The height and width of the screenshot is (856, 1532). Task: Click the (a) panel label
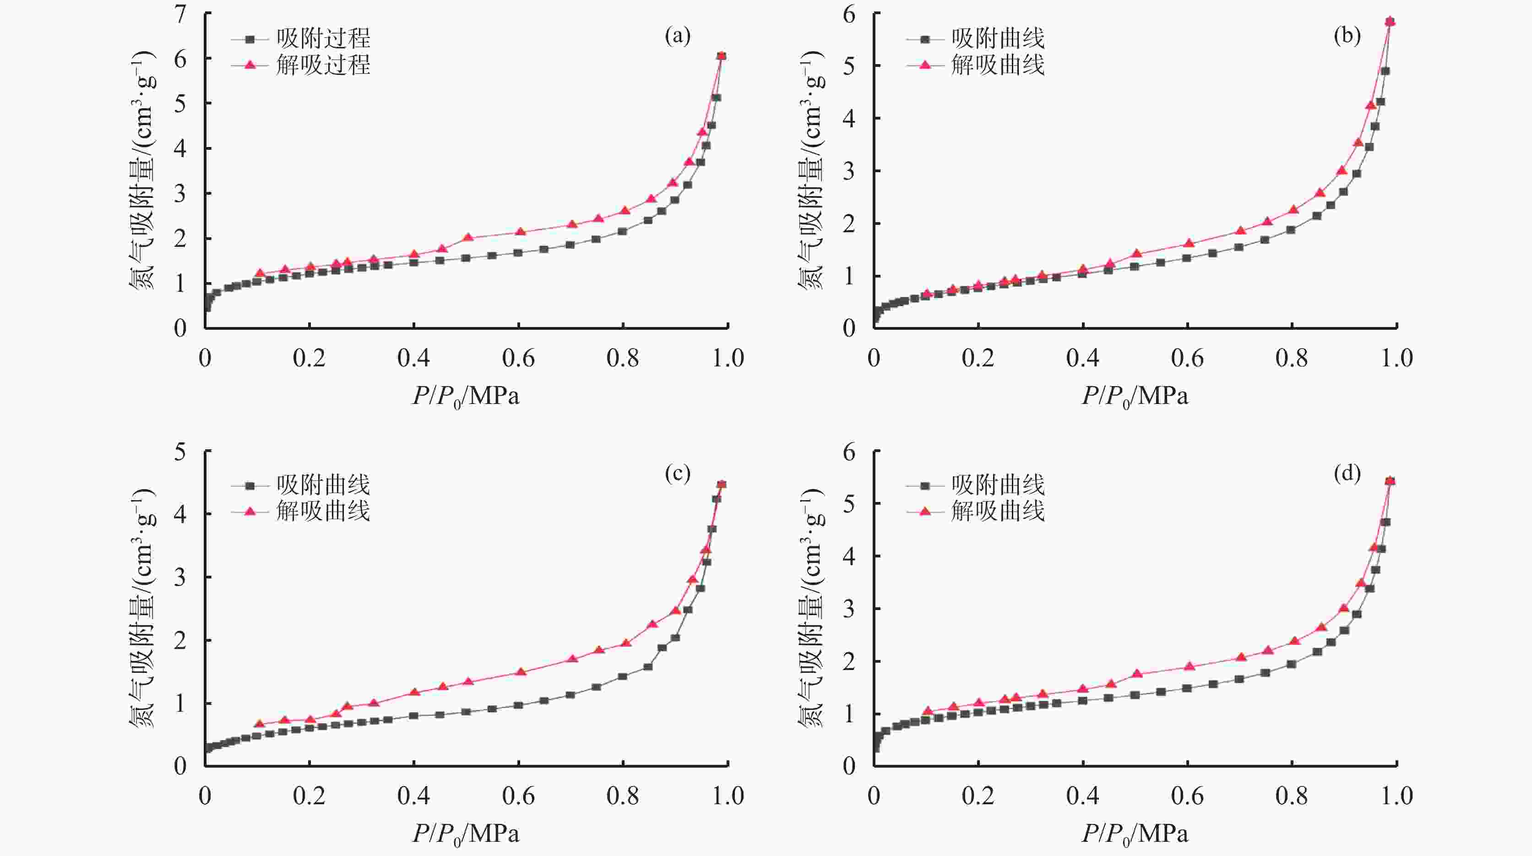pos(677,37)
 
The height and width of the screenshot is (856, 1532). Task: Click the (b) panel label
pos(1347,37)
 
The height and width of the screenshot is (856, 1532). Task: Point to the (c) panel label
pos(677,474)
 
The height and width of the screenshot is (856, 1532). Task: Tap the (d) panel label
pos(1347,474)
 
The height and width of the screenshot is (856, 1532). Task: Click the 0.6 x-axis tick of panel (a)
pos(518,358)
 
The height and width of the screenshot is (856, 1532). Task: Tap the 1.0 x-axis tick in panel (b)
pos(1396,358)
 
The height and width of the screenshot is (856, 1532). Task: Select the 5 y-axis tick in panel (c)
pos(179,452)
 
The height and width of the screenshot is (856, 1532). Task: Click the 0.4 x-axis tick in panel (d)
pos(1082,796)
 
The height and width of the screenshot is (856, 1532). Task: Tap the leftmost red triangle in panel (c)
pos(259,723)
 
